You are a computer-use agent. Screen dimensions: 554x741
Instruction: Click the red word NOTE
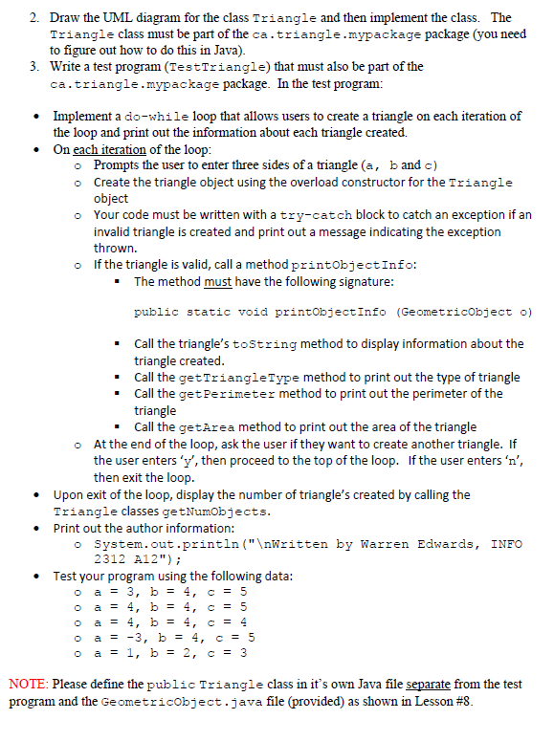(28, 685)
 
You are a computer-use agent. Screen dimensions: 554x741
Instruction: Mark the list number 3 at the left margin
(33, 67)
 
